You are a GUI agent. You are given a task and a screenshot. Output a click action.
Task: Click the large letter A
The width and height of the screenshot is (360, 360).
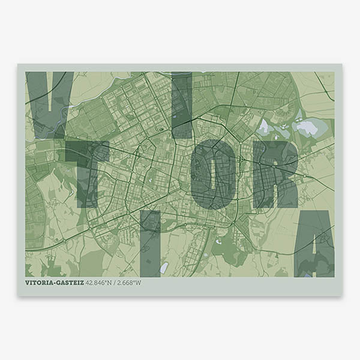(x=314, y=243)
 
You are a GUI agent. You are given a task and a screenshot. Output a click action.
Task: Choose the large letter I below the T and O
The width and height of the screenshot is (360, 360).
(x=149, y=243)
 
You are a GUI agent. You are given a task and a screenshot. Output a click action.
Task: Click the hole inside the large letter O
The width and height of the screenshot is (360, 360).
(x=210, y=174)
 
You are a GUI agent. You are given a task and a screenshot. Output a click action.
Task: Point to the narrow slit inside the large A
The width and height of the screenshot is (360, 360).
(x=314, y=240)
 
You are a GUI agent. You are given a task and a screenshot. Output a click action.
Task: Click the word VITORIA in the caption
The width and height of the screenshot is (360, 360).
(x=43, y=283)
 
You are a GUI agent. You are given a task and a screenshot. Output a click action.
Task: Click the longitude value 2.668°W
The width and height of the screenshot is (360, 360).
(x=130, y=283)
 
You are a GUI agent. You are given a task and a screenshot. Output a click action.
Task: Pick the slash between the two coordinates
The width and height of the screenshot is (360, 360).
(x=116, y=283)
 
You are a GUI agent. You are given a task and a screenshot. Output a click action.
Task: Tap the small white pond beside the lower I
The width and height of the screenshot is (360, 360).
(x=164, y=267)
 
